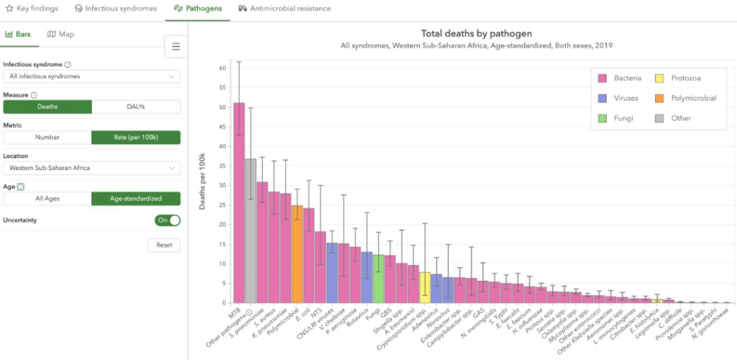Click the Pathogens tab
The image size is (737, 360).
[197, 9]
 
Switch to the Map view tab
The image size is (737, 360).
[60, 34]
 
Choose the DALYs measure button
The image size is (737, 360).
[136, 107]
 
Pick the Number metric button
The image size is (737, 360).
[48, 137]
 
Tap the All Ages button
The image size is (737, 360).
[48, 198]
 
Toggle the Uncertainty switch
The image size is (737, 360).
[167, 220]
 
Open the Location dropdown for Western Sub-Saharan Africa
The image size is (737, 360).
[91, 168]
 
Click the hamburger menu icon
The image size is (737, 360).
[176, 47]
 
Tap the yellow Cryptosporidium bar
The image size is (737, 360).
[425, 287]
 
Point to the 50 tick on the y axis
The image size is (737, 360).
[222, 107]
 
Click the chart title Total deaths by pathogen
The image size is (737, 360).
[476, 33]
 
